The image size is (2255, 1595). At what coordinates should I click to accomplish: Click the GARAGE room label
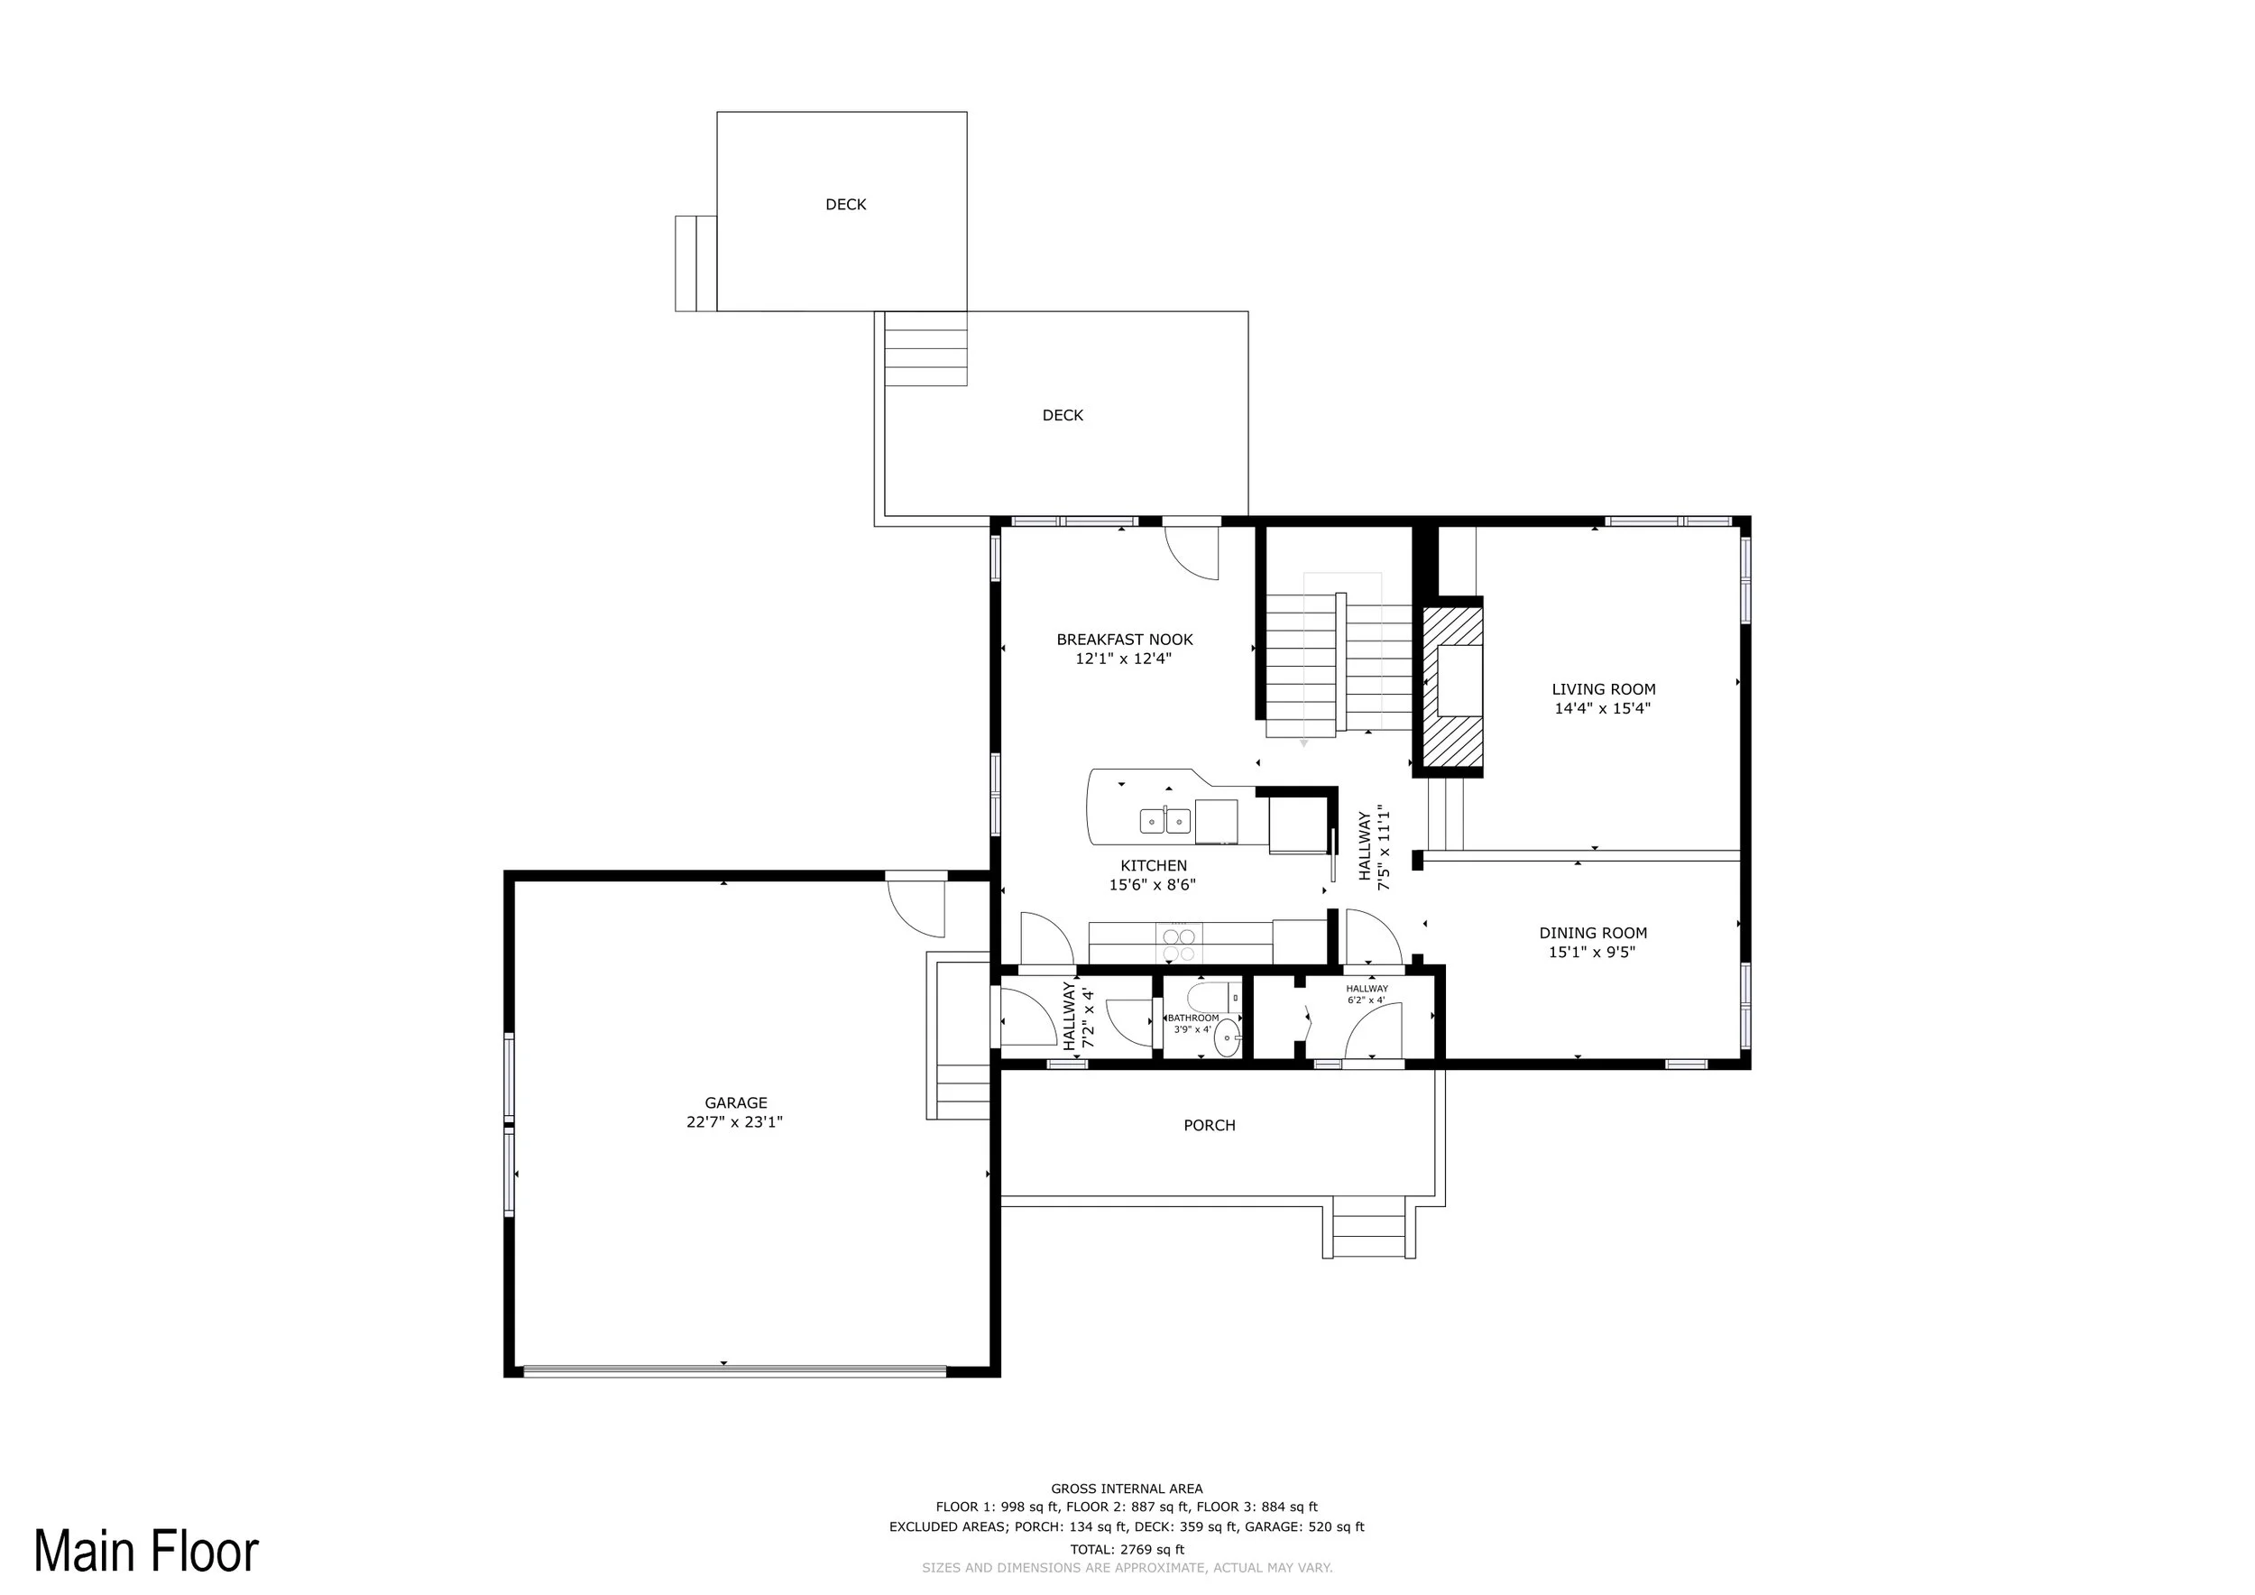coord(736,1103)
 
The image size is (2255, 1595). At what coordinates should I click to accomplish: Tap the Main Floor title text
coord(146,1552)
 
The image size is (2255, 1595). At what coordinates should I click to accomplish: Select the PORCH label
coord(1209,1126)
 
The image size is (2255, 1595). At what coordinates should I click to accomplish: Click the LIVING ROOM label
coord(1604,689)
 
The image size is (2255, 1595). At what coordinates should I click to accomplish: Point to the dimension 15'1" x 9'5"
coord(1593,952)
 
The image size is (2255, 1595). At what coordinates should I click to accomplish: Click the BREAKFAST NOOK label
coord(1125,640)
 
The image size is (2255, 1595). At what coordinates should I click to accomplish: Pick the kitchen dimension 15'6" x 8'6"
coord(1153,885)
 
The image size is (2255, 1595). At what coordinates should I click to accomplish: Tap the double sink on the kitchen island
coord(1165,820)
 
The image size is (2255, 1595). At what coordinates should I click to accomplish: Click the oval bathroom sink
coord(1228,1037)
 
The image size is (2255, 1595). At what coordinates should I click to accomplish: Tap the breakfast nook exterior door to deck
coord(1192,553)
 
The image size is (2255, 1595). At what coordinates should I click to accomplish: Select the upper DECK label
coord(846,204)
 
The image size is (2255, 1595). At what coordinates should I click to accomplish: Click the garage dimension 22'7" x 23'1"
coord(734,1121)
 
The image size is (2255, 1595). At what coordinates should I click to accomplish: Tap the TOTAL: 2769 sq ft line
coord(1127,1550)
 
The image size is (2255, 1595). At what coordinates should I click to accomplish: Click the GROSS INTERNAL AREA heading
coord(1127,1489)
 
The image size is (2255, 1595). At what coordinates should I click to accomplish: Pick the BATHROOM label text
coord(1193,1019)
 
